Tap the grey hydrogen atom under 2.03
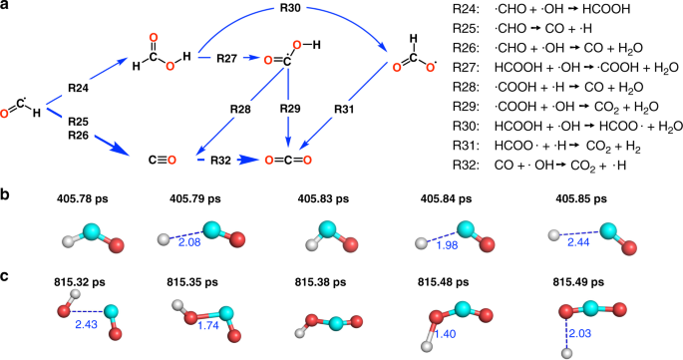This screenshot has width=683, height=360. click(567, 351)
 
